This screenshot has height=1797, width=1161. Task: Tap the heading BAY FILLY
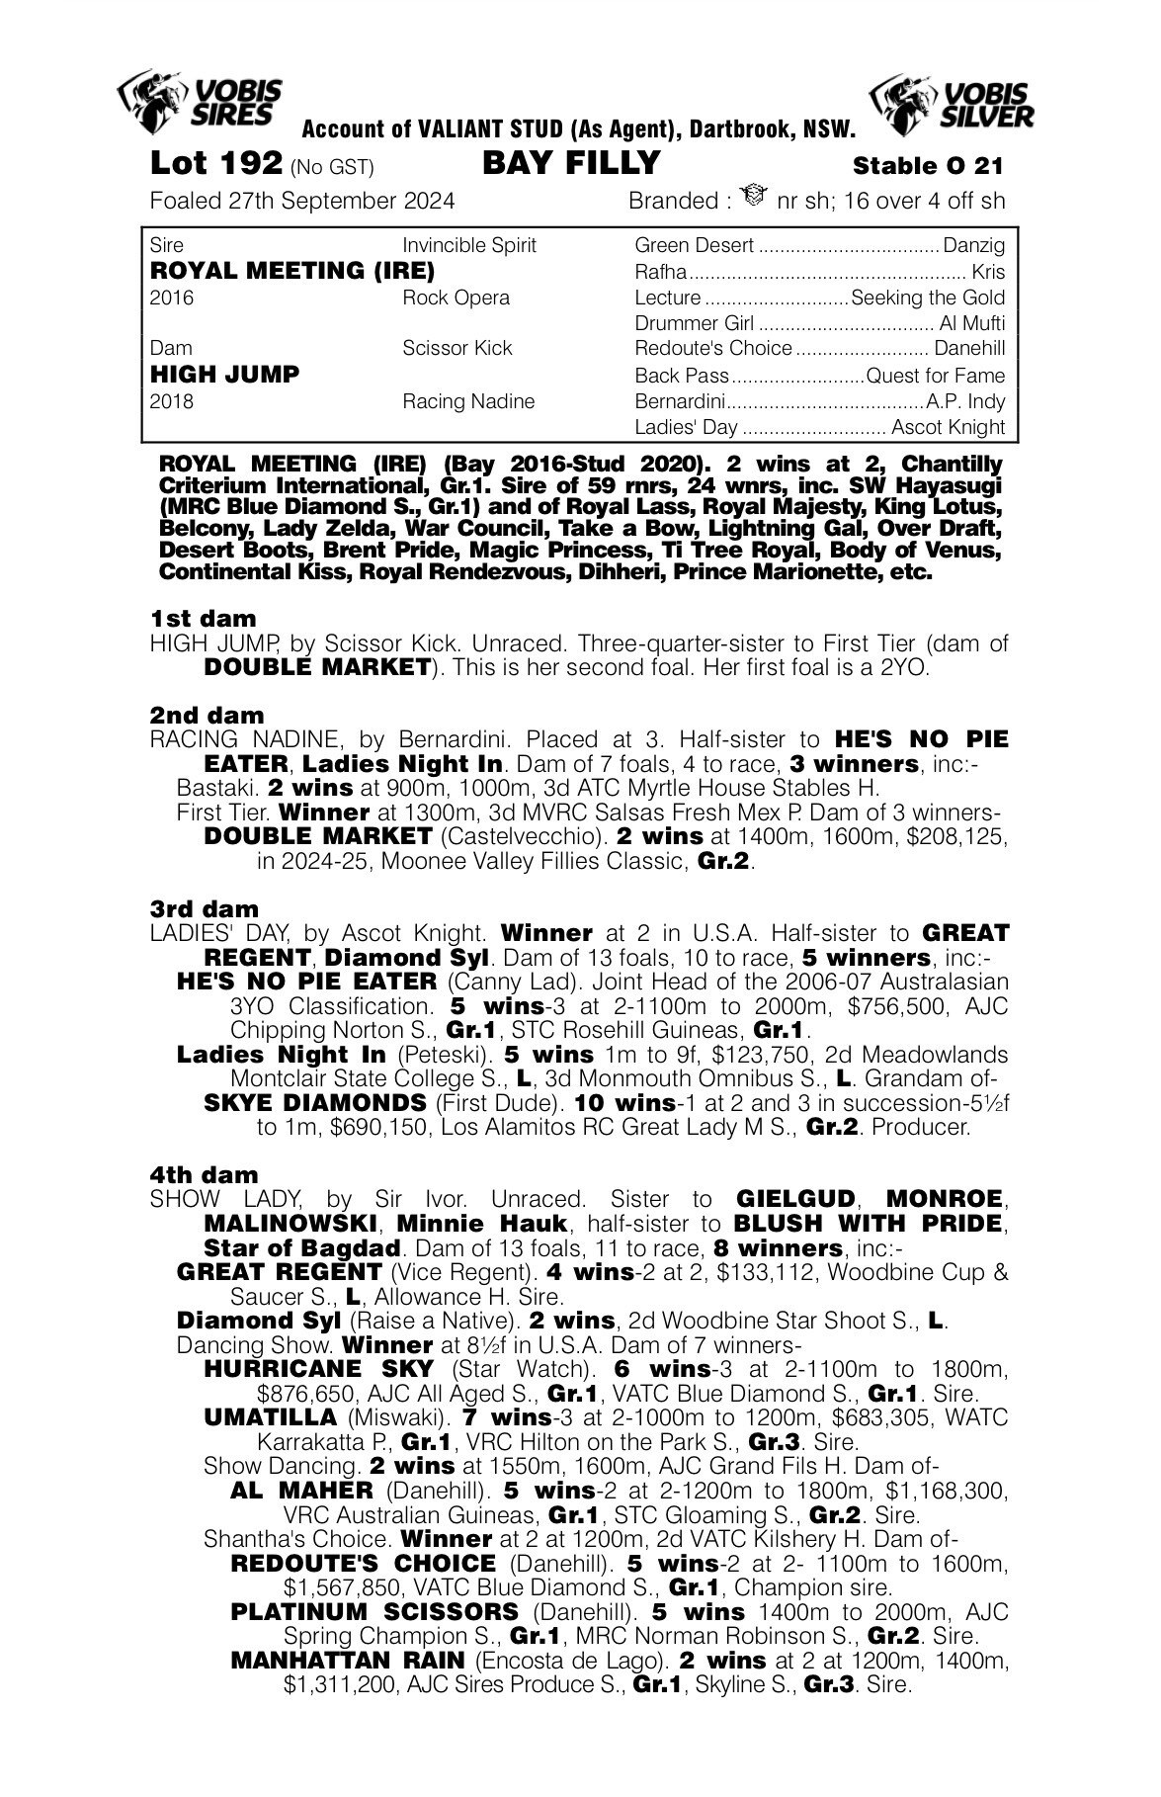(x=570, y=162)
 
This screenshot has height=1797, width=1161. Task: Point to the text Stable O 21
(x=929, y=165)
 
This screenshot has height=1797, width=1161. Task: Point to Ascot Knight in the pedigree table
(x=948, y=427)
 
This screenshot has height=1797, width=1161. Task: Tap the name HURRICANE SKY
(x=318, y=1369)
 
